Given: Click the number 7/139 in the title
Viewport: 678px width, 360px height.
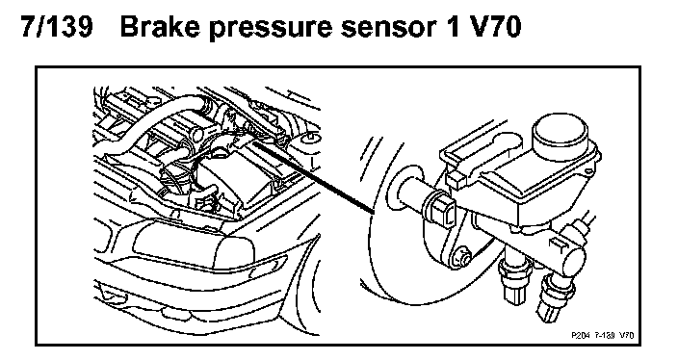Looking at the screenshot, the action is (57, 26).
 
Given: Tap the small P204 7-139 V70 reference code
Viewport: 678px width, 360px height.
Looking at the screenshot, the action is (602, 335).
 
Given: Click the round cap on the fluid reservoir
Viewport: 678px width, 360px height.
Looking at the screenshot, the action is (561, 134).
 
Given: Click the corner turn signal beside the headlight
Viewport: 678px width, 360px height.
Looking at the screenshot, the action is (269, 263).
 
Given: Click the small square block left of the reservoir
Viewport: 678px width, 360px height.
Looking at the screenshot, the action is (456, 178).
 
